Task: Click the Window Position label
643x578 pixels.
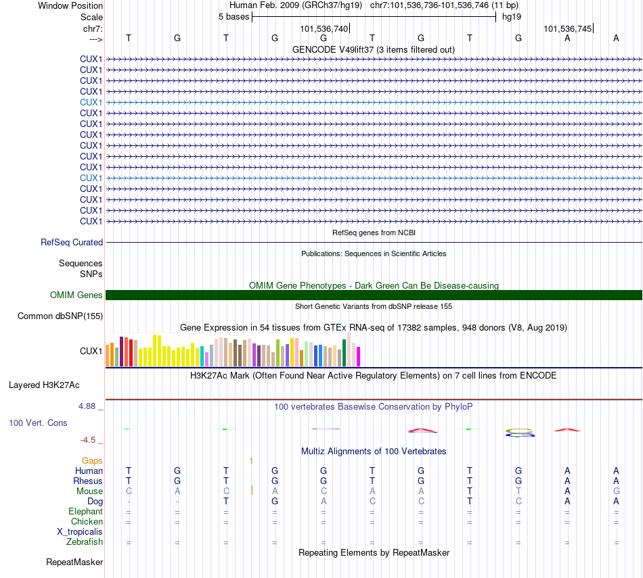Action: point(70,5)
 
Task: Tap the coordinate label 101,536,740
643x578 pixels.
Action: point(324,28)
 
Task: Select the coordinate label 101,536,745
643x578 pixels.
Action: point(568,28)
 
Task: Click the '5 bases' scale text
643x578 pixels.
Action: point(234,17)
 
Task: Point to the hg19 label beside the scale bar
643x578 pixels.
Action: point(512,17)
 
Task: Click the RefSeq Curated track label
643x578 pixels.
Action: point(72,242)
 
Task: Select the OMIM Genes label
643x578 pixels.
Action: point(76,295)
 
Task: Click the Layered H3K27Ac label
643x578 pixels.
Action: point(44,385)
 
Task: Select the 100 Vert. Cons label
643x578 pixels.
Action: point(38,423)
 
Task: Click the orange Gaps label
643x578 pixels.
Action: point(92,460)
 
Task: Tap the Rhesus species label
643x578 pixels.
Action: point(88,481)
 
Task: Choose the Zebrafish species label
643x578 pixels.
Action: point(85,541)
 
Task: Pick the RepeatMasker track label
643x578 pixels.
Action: point(74,562)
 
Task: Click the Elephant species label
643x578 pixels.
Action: point(85,511)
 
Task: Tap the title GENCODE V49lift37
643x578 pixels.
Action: point(373,49)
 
